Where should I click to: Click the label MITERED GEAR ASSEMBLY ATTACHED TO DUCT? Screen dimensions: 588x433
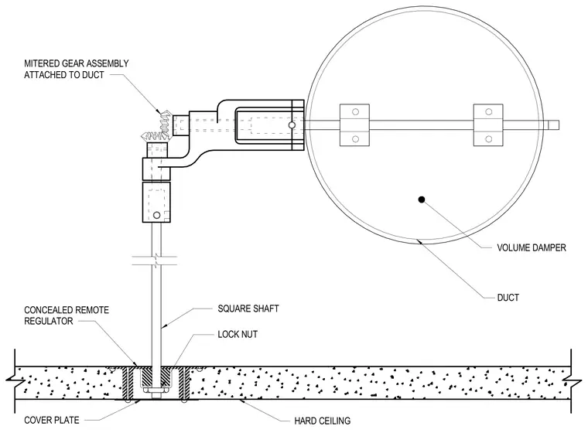pos(77,69)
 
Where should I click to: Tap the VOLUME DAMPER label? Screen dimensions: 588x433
pos(532,247)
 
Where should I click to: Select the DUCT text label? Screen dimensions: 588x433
pos(508,298)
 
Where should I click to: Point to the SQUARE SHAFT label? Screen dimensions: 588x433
pos(248,309)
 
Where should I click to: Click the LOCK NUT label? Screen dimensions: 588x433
pos(238,334)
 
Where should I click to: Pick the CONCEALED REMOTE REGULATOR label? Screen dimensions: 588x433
pos(67,315)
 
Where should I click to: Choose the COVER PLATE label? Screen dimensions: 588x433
pos(52,421)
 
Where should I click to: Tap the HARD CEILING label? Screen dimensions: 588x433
pos(323,421)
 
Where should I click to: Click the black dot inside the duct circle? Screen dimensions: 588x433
pos(422,199)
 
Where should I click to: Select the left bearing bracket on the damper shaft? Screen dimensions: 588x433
pos(354,124)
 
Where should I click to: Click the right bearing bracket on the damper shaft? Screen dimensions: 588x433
pos(488,124)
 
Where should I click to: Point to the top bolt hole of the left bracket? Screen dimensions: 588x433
pos(355,111)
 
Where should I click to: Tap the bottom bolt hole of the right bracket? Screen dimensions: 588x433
pos(489,139)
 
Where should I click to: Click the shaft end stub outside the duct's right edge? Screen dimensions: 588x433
pos(553,124)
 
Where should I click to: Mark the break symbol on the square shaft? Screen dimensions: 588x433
pos(155,261)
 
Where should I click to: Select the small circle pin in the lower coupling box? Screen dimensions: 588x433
pos(157,215)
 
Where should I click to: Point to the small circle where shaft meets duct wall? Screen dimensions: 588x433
pos(292,124)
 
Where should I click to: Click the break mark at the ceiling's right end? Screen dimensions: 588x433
pos(572,382)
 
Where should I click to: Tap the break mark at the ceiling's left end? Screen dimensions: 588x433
pos(15,382)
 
